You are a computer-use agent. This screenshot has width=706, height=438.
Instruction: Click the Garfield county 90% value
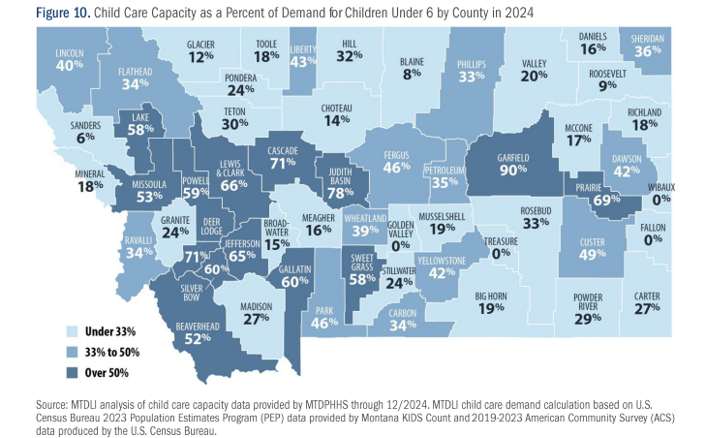pos(513,170)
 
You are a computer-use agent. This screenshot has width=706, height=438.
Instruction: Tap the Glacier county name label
pos(200,45)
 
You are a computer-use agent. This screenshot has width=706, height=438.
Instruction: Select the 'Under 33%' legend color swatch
pos(72,331)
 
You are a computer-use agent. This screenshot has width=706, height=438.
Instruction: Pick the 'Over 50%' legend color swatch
pos(72,373)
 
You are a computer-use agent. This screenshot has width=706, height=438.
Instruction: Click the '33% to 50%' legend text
pos(112,352)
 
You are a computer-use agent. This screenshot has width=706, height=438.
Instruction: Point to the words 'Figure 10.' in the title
pos(64,13)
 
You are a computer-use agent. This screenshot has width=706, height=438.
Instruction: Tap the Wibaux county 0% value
pos(661,199)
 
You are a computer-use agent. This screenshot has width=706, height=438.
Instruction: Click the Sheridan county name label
pos(648,39)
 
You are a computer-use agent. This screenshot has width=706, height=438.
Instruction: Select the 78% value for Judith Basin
pos(340,193)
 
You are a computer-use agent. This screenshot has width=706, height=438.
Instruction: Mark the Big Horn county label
pos(491,297)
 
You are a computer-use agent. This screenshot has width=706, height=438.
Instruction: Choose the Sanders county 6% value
pos(85,138)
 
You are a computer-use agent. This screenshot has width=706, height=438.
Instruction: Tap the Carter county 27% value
pos(647,308)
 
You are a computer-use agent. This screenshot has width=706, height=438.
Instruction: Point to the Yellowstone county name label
pos(442,261)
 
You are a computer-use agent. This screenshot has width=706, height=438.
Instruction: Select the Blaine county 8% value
pos(412,74)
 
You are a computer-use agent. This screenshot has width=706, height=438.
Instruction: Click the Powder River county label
pos(588,302)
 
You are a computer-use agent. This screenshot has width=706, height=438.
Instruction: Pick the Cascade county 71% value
pos(283,163)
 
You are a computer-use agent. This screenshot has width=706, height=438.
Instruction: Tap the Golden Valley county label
pos(400,229)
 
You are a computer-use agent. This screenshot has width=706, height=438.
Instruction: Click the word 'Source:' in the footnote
pos(51,404)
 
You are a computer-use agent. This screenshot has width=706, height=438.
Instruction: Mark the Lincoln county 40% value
pos(70,65)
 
